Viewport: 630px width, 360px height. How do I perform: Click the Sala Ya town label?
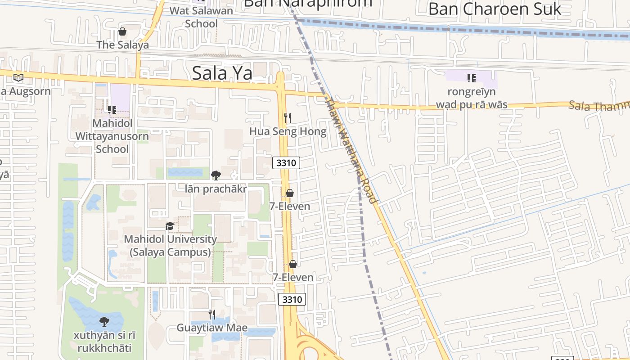(x=222, y=73)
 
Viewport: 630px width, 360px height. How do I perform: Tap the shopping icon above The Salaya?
(x=122, y=31)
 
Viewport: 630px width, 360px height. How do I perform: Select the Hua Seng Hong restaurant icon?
(x=288, y=118)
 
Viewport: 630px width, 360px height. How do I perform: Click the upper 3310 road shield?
(x=286, y=163)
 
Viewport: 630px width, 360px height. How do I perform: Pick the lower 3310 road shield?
(x=292, y=299)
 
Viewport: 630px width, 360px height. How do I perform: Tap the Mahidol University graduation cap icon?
(x=170, y=226)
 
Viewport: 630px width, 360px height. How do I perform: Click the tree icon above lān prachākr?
(x=216, y=175)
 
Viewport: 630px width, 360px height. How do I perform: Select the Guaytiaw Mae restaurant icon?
(x=211, y=314)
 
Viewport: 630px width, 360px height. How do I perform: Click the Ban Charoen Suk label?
(x=495, y=9)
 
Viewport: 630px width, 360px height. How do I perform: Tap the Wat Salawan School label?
(x=201, y=17)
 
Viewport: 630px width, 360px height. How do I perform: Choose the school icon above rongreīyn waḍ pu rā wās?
(x=471, y=78)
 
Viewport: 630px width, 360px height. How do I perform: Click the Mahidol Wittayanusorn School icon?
(x=112, y=109)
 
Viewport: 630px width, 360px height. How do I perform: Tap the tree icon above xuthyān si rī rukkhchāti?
(x=104, y=322)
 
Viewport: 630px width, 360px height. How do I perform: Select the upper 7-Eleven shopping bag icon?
(x=290, y=193)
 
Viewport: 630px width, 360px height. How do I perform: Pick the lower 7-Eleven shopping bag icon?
(x=292, y=264)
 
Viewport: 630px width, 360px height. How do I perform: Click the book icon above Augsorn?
(x=18, y=77)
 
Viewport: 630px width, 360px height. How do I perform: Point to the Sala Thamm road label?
(x=598, y=106)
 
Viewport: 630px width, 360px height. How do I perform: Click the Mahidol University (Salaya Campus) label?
(x=170, y=246)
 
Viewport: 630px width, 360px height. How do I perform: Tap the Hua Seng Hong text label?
(x=288, y=131)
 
